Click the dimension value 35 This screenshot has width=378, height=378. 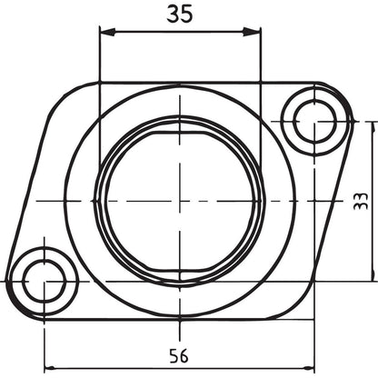[180, 14]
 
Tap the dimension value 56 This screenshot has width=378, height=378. [179, 355]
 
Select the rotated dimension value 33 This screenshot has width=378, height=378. [361, 201]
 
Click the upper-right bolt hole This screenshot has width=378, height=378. [314, 120]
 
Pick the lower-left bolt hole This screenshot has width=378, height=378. [44, 281]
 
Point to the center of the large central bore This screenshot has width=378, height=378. [180, 200]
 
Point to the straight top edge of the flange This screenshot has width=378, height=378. [182, 83]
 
